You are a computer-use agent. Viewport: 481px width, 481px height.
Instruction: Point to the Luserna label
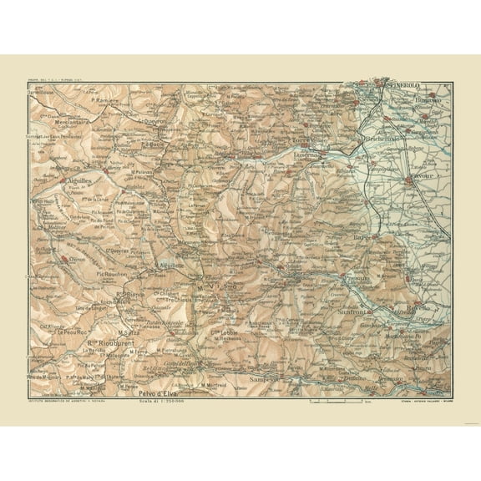(306, 155)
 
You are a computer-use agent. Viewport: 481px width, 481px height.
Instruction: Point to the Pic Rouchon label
(111, 273)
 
